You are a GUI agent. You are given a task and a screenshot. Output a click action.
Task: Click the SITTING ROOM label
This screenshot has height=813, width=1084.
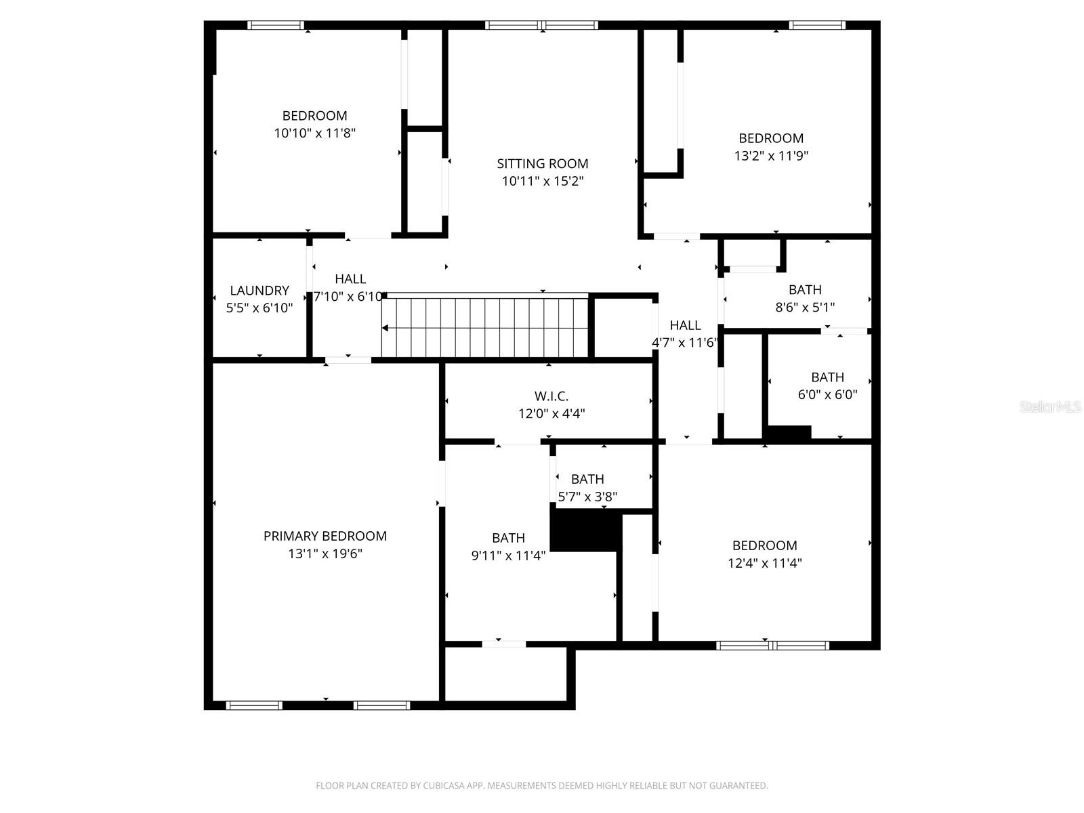click(542, 163)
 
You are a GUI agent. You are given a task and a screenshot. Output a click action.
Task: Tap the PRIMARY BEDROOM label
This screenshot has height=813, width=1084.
click(325, 536)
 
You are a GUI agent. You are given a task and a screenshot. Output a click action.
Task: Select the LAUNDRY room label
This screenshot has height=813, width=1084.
click(259, 291)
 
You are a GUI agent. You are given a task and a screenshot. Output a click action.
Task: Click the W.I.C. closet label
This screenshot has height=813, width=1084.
click(551, 396)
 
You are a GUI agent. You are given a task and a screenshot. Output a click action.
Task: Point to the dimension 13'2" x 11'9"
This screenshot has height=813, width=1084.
click(771, 156)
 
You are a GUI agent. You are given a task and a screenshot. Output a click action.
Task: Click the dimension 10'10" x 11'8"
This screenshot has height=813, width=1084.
click(314, 133)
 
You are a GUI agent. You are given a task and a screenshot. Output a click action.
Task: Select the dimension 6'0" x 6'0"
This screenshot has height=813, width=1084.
click(827, 395)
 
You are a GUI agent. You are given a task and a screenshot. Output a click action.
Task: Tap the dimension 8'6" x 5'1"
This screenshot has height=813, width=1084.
click(805, 308)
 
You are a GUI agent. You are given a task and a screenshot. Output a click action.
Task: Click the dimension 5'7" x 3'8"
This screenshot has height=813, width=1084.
click(587, 497)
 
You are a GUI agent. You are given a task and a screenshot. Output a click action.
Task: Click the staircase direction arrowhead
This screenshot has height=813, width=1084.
click(385, 328)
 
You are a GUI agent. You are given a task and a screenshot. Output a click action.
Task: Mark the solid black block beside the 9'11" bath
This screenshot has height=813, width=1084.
click(586, 530)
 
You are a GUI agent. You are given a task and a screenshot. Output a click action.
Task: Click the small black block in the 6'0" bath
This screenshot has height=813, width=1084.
click(788, 433)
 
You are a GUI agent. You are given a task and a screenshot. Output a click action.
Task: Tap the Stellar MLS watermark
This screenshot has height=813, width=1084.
click(1050, 407)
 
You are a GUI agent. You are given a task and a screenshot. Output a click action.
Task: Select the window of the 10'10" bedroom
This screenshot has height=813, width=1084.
click(276, 26)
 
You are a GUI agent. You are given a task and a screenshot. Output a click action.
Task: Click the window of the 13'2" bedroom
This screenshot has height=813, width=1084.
click(817, 26)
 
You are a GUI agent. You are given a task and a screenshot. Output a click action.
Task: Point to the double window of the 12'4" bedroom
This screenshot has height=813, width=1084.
click(772, 646)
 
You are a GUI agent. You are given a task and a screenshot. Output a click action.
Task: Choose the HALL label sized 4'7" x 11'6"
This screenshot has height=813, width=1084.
click(685, 325)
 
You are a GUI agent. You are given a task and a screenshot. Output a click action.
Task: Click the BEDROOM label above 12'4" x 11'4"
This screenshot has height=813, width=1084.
click(764, 545)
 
